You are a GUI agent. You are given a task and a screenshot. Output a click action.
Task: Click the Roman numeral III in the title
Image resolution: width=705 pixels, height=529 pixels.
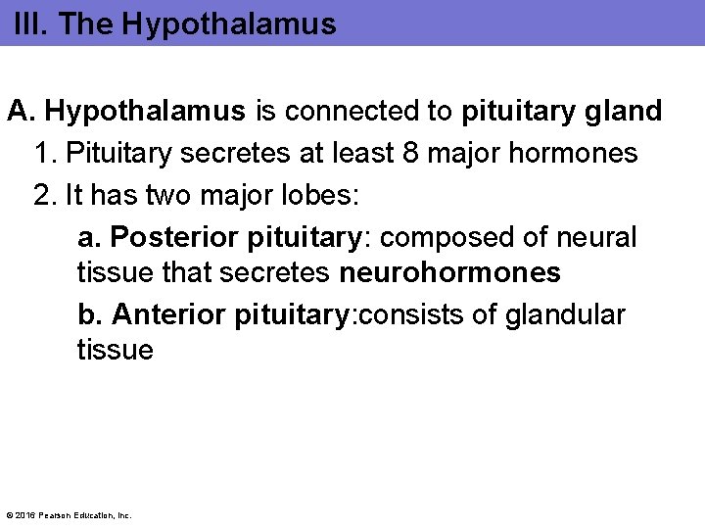click(28, 24)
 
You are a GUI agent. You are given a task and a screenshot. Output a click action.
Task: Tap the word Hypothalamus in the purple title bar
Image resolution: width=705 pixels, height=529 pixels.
click(230, 24)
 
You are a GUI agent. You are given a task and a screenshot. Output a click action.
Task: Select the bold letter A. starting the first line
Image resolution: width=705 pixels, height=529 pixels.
click(22, 112)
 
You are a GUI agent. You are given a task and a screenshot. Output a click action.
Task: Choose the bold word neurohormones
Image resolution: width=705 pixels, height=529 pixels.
click(449, 272)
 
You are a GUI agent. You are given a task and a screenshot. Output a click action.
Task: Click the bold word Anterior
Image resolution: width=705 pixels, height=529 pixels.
click(169, 314)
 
